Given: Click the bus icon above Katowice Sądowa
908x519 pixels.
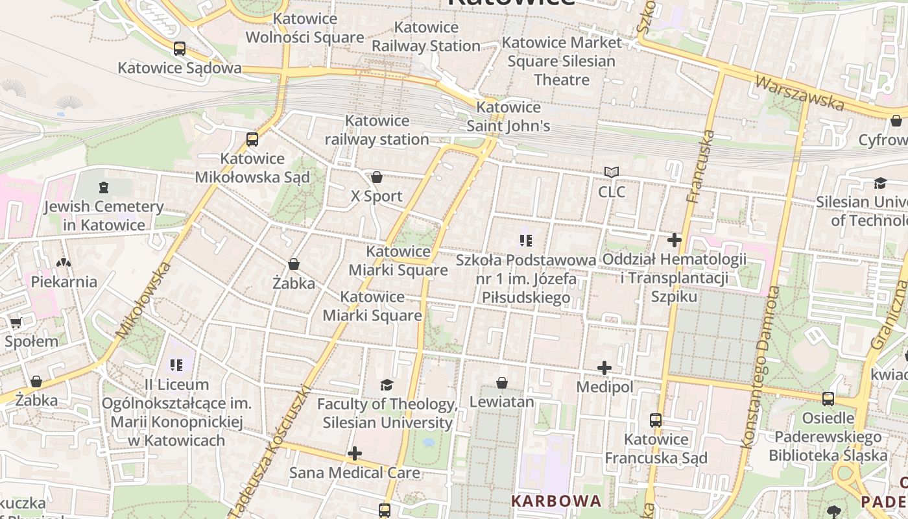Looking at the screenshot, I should (180, 49).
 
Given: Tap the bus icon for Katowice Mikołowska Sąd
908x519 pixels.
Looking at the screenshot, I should (252, 139).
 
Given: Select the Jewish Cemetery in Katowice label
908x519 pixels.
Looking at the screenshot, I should (104, 216).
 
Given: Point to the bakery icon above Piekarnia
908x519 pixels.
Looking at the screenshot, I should (64, 263).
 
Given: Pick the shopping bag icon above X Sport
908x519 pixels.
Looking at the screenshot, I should (377, 177).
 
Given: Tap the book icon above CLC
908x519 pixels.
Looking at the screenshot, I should (611, 173).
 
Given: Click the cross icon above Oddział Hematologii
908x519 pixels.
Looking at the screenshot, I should (675, 240).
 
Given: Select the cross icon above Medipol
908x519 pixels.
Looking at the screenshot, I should (604, 368).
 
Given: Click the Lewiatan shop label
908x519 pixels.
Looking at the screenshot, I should (501, 402).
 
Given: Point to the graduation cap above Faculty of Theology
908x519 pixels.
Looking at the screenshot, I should (387, 385).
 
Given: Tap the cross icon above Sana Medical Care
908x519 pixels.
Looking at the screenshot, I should (355, 453).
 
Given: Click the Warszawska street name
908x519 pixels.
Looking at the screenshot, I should (800, 93).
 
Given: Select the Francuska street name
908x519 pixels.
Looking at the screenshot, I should (700, 167).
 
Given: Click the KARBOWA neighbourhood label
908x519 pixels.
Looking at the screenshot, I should (556, 501).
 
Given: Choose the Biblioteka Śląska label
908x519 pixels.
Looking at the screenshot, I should (828, 455).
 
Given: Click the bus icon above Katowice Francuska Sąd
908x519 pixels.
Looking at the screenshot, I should (656, 420).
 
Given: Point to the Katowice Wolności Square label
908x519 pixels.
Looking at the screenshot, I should (305, 28).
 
